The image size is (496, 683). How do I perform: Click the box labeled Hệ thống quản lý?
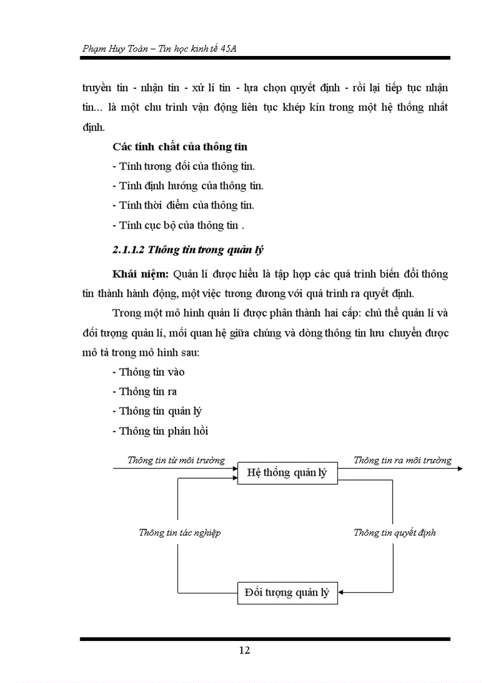click(x=287, y=473)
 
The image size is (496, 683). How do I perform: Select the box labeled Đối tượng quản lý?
click(x=287, y=592)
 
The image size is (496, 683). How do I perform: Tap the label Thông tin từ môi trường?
click(x=176, y=460)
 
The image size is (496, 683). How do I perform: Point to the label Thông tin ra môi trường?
click(x=402, y=460)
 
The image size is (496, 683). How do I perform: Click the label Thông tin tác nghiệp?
click(x=179, y=532)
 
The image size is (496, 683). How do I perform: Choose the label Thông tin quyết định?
click(x=394, y=532)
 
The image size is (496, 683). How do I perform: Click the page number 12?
click(x=244, y=650)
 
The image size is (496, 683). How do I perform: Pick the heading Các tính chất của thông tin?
click(x=180, y=147)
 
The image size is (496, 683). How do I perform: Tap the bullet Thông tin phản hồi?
click(x=160, y=431)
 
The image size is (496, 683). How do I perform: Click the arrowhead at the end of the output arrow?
click(x=460, y=468)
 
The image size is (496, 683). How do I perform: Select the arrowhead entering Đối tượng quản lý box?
click(x=342, y=592)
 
